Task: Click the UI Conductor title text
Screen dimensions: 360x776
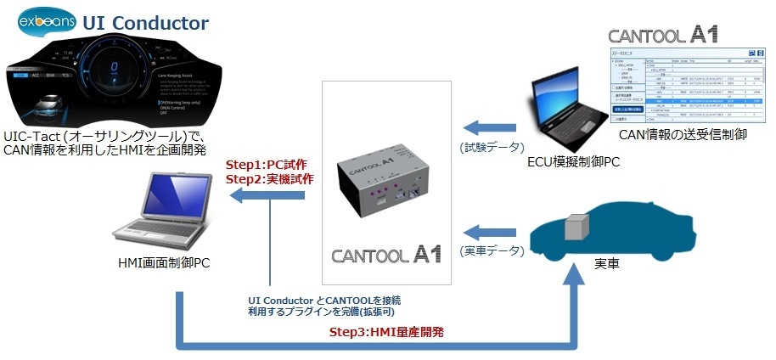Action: click(145, 20)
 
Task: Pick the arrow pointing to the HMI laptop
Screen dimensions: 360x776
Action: click(269, 196)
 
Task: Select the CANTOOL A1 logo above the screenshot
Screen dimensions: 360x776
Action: click(663, 35)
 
